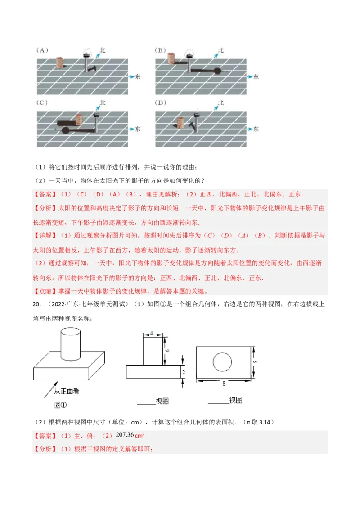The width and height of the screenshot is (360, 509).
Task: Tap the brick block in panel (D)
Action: coord(180,123)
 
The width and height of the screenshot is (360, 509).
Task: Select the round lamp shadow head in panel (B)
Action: coord(218,71)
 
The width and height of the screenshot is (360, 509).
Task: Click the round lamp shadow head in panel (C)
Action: coord(65,130)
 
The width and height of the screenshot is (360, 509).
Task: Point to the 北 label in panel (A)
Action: coord(102,50)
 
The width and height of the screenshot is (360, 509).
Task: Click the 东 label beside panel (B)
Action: coord(256,77)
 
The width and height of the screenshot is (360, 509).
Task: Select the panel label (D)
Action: coord(161,103)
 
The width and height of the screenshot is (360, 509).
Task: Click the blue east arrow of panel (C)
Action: coord(131,129)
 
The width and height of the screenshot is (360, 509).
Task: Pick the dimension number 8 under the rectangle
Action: coord(224,384)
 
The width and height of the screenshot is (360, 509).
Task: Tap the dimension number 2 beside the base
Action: coord(183,372)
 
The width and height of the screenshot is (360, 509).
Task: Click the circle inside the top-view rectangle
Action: coord(222,362)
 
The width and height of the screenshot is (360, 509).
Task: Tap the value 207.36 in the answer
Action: coord(126,434)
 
